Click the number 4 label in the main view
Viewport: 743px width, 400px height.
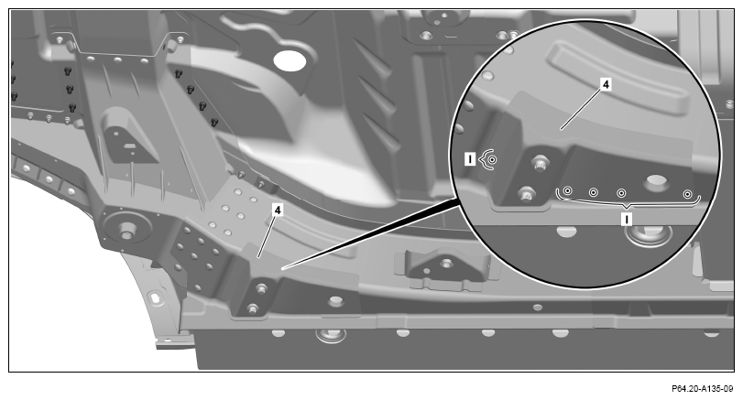point(278,210)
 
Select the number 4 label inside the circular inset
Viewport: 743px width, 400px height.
point(605,85)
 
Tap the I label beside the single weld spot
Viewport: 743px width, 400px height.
point(470,159)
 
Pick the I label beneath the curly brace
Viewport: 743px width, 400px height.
point(627,219)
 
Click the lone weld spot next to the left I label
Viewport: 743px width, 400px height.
point(492,160)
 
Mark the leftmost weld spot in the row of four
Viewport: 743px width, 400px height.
point(568,190)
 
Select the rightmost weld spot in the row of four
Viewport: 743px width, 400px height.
point(687,194)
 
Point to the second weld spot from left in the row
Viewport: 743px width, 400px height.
point(594,192)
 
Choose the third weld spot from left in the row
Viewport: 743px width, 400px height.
point(621,193)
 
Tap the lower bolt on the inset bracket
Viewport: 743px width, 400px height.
point(526,194)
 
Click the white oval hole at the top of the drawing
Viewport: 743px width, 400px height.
point(290,60)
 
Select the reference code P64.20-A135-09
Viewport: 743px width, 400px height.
point(702,389)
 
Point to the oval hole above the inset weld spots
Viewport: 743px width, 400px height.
point(657,181)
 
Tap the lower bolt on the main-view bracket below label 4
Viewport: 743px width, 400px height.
point(253,309)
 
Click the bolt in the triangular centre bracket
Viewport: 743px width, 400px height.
point(444,263)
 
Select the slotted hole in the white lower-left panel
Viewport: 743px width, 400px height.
point(156,297)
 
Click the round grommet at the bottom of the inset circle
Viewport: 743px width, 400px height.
point(649,234)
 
